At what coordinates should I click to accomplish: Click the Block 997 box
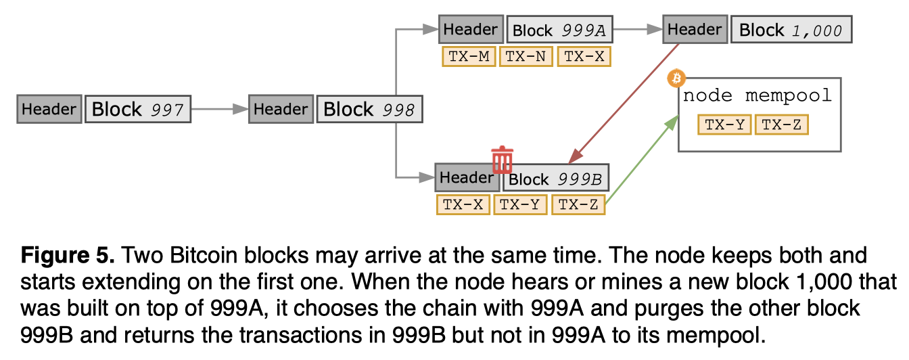138,109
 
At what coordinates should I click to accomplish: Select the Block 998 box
369,109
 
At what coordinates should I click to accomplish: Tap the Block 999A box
560,30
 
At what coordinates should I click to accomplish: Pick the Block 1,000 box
791,30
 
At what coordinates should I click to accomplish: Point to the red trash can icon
502,160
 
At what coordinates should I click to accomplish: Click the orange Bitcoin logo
676,78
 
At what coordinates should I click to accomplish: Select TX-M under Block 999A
469,56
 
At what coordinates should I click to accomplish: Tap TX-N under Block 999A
526,56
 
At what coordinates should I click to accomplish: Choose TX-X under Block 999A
584,56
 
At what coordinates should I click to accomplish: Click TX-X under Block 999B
463,204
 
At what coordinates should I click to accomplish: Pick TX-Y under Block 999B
521,204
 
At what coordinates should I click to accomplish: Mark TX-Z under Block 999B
578,204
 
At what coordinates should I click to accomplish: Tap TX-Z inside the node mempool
781,125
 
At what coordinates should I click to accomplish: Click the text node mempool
757,96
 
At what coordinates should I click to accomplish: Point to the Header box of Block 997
49,109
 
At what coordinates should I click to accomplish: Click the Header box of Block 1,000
695,30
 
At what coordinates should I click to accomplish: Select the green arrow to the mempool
643,160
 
